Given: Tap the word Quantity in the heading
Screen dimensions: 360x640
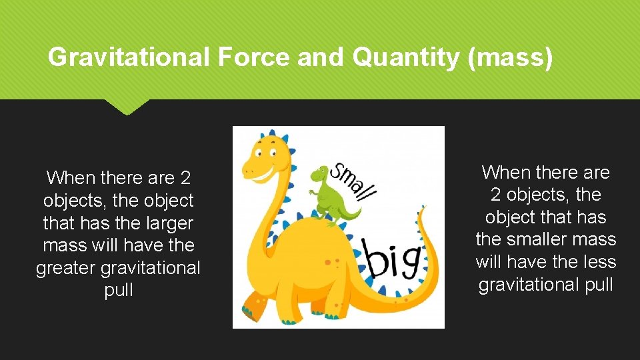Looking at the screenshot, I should click(406, 58).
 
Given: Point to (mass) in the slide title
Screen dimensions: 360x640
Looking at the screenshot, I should click(511, 58).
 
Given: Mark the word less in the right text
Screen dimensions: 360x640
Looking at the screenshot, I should click(597, 262).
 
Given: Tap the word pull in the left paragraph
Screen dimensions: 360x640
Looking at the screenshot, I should click(119, 291).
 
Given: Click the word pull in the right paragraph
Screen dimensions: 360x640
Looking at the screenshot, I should click(595, 285).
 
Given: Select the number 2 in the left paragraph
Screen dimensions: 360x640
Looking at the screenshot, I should click(185, 178).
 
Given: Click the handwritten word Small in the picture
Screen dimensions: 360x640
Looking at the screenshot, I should click(354, 180).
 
